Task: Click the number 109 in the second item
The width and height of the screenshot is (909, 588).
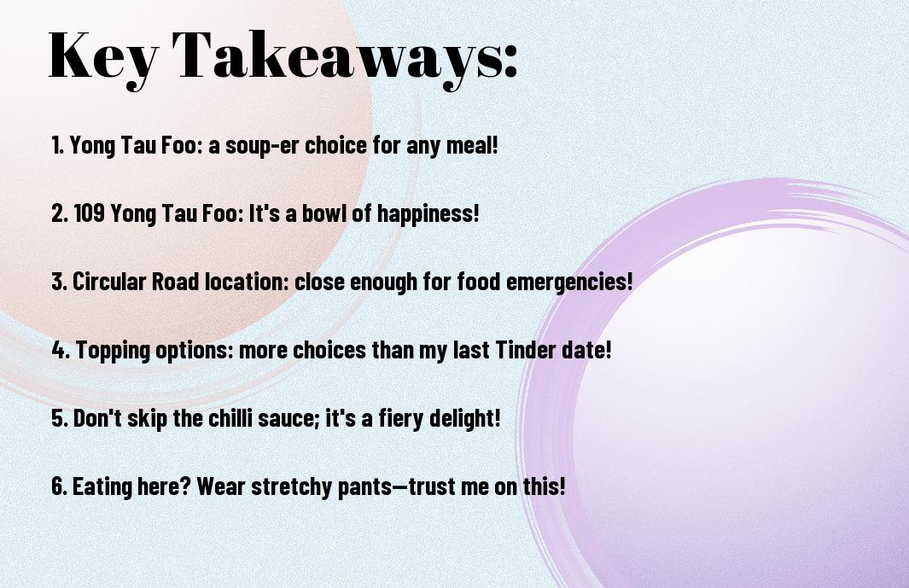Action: [90, 212]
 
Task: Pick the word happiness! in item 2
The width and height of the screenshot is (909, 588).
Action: [428, 214]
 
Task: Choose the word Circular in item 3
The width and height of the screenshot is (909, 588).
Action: [109, 282]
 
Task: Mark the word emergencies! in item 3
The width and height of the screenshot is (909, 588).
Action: [569, 282]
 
